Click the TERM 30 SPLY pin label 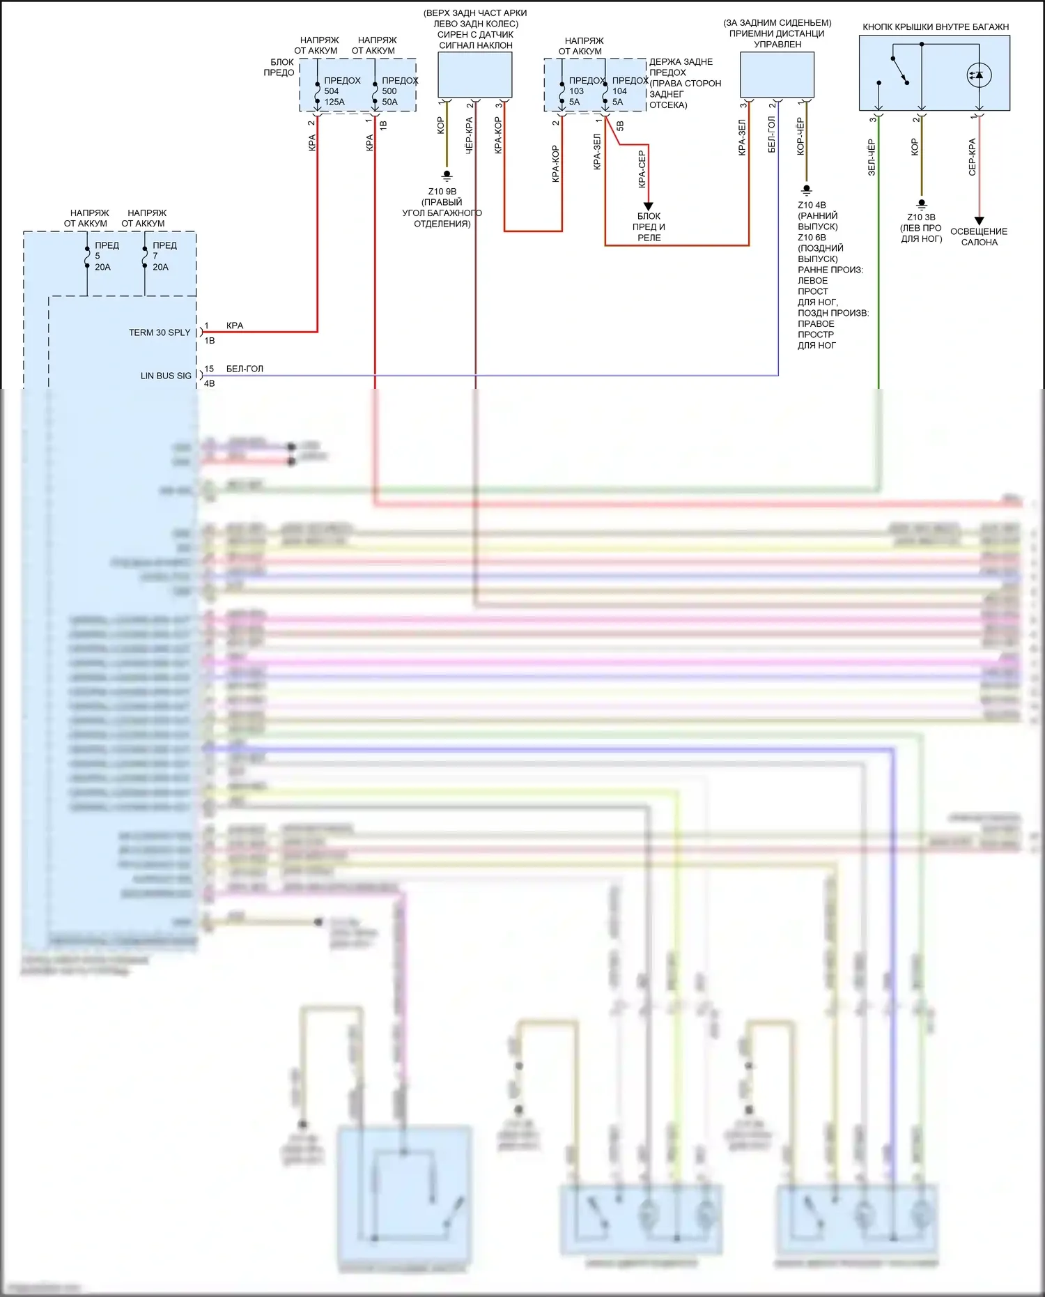[x=160, y=332]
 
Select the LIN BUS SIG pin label [x=166, y=376]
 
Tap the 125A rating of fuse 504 [x=334, y=102]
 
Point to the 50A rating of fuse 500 [x=389, y=102]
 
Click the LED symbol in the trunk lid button [x=979, y=75]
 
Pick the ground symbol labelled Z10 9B [x=447, y=176]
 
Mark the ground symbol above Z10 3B [x=922, y=204]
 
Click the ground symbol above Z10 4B [x=807, y=190]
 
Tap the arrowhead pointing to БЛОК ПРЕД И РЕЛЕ [x=648, y=206]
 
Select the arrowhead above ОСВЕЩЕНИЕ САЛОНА [x=979, y=221]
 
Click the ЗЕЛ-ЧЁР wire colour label [x=872, y=157]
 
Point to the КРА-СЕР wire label [x=642, y=169]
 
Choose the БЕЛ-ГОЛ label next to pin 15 [x=245, y=369]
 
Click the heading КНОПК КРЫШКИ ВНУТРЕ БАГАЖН [x=936, y=27]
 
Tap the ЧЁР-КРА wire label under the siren [x=469, y=135]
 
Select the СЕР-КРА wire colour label [x=972, y=157]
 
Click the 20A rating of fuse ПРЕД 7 [x=160, y=267]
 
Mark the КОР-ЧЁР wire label [x=800, y=136]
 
